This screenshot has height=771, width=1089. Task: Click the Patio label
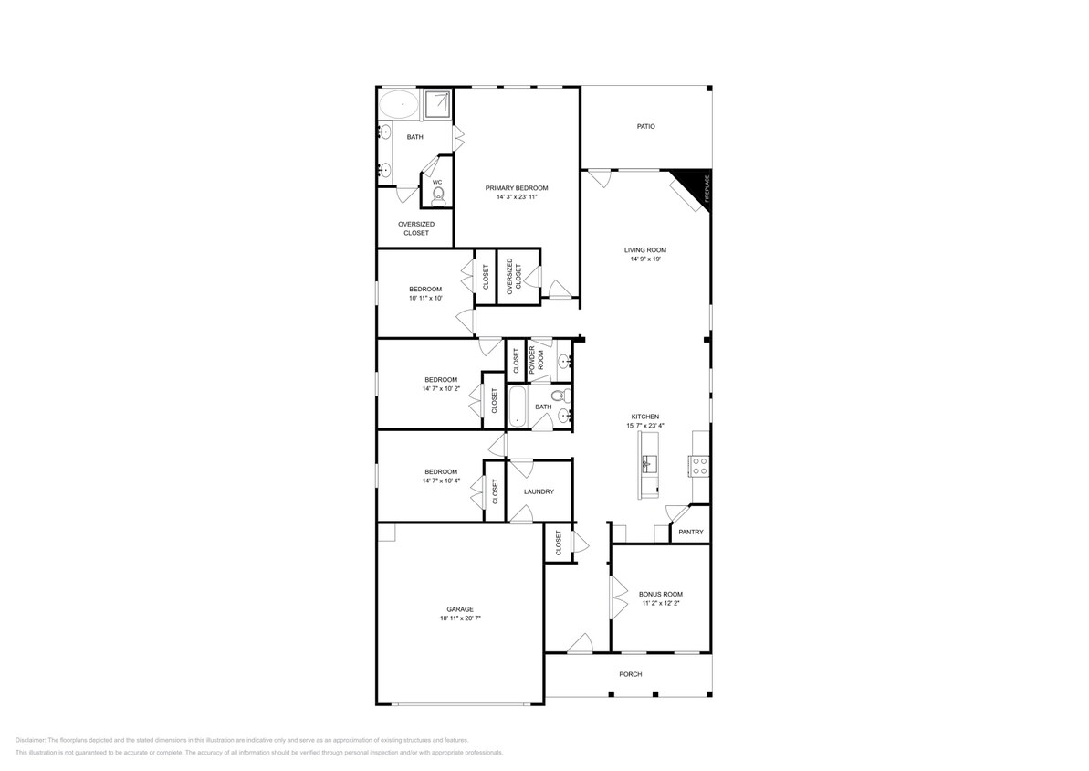[646, 127]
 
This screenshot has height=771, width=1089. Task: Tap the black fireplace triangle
[696, 185]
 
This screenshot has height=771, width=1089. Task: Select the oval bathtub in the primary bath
[399, 104]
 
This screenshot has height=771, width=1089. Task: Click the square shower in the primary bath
[437, 104]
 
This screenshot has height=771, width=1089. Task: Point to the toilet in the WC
[437, 197]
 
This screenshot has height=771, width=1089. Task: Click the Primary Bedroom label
[517, 187]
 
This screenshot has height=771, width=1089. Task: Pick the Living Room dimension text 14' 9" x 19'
[645, 259]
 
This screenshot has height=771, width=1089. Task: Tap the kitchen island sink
[649, 462]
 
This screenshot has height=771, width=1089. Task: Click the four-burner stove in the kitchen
[698, 466]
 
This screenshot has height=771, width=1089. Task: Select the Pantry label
[691, 532]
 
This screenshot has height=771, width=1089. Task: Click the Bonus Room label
[661, 595]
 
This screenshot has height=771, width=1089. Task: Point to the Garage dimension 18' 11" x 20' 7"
[460, 618]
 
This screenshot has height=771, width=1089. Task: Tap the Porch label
[631, 674]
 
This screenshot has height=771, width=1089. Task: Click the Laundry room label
[539, 491]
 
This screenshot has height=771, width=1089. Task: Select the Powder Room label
[537, 361]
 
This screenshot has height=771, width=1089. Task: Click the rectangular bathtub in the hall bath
[518, 407]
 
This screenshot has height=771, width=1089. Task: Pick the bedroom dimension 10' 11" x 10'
[425, 298]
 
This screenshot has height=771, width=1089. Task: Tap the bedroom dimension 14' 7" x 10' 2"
[441, 388]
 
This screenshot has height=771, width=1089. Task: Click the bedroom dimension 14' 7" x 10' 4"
[441, 481]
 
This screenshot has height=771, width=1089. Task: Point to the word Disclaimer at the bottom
[30, 741]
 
